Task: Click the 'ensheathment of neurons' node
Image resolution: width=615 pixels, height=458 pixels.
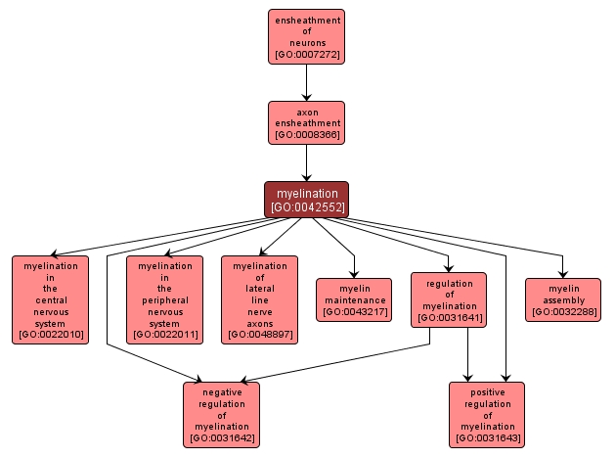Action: [x=306, y=36]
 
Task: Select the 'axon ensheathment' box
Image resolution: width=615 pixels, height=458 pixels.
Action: [x=306, y=122]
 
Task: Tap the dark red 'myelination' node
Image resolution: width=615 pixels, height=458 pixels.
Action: [x=306, y=199]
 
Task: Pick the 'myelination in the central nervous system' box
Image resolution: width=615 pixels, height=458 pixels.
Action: [x=50, y=299]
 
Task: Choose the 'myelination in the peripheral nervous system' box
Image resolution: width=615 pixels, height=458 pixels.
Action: [x=165, y=299]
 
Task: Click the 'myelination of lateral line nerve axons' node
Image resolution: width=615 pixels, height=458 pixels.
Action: [x=259, y=299]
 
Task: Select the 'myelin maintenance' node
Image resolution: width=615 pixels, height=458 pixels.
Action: [x=353, y=299]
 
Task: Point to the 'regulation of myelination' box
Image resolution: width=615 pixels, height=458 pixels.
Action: [x=449, y=299]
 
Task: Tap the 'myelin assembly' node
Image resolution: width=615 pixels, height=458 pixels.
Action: [x=562, y=299]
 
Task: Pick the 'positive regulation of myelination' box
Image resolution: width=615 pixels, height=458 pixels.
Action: [x=487, y=414]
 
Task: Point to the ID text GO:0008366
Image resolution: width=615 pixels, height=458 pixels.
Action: [x=306, y=134]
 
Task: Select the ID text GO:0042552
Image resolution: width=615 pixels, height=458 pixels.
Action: [x=306, y=206]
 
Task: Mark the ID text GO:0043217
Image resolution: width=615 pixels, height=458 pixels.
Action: [x=353, y=312]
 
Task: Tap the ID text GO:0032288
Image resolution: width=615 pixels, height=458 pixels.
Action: [x=562, y=312]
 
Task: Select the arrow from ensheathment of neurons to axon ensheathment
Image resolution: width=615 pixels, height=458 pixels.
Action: [x=306, y=82]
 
